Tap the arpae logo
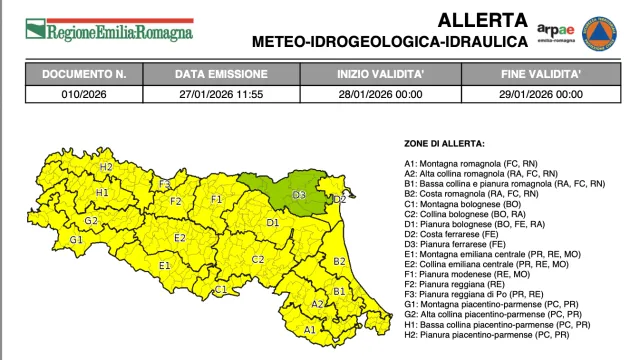557,31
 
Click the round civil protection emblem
599,32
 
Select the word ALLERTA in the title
483,19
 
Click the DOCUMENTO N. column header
90,74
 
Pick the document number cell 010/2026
90,94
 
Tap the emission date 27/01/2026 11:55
221,94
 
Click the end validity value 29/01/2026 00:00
542,94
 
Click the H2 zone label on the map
105,167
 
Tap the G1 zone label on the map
75,240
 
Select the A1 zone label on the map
310,328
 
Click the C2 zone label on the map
257,260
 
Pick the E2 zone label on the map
180,238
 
